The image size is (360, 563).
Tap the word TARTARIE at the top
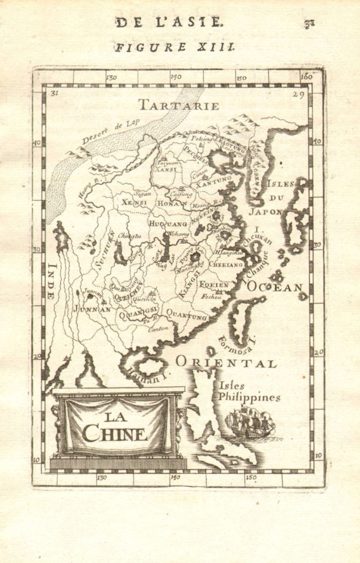tap(178, 105)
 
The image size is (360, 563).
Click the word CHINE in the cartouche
tap(115, 433)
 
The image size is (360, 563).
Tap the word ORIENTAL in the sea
tap(226, 363)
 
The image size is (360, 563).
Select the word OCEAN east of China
tap(274, 286)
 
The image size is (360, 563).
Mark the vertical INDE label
tap(52, 280)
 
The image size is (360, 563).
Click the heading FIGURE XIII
tap(174, 47)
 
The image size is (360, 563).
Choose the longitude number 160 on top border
tap(306, 77)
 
